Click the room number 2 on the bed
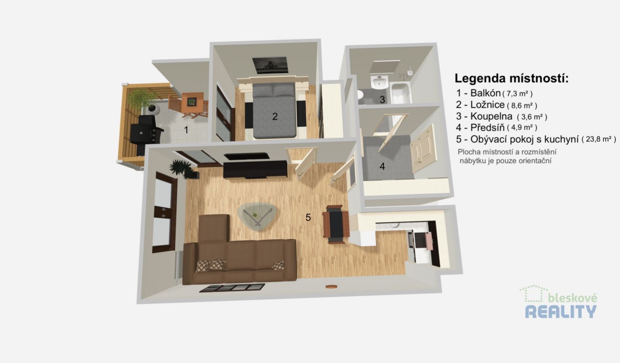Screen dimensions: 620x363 click(275, 116)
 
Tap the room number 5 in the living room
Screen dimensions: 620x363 click(308, 217)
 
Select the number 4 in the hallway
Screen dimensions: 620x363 click(382, 166)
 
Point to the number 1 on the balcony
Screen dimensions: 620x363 click(186, 130)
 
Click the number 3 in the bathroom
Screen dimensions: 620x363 click(382, 100)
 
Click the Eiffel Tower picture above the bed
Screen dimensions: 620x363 click(270, 65)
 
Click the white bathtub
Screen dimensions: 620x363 click(400, 93)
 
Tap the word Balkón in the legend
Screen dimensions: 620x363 click(485, 93)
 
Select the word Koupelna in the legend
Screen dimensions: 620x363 click(491, 116)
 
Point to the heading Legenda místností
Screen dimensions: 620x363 click(511, 78)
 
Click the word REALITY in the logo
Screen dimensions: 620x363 click(561, 311)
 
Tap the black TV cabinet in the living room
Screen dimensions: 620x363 click(255, 169)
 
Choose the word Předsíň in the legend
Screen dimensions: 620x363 click(487, 127)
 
